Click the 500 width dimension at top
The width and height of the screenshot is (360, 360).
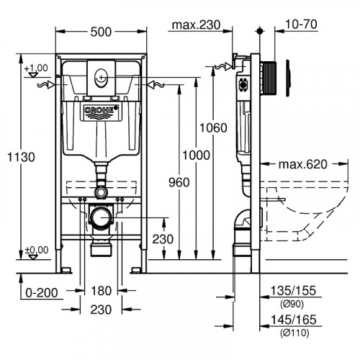coord(101,31)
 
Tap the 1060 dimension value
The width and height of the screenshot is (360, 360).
coord(213,127)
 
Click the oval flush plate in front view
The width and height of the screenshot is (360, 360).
coord(100,74)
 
